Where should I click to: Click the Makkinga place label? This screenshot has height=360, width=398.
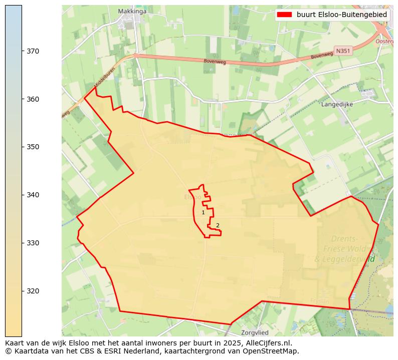[x=132, y=11]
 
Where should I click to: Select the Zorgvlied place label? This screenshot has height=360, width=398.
[x=255, y=332]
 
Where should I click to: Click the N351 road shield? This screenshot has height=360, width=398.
[x=343, y=51]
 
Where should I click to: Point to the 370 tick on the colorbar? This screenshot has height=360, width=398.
[x=33, y=51]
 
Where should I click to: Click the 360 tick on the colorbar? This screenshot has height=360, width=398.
[x=33, y=99]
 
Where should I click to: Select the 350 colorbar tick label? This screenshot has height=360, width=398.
[x=33, y=147]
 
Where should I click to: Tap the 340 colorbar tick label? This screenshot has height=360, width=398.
[x=33, y=195]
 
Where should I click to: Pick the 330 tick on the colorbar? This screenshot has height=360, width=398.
[x=33, y=243]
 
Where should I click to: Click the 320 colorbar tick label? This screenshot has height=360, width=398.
[x=33, y=291]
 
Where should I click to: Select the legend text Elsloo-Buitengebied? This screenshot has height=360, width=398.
[x=341, y=15]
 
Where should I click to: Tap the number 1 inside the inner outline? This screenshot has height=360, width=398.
[x=203, y=213]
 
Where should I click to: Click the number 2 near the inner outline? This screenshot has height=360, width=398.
[x=218, y=225]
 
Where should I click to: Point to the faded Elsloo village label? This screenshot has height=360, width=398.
[x=192, y=197]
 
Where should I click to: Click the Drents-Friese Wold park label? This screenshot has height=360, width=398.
[x=344, y=249]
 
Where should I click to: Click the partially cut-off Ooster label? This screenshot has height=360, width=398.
[x=384, y=42]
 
